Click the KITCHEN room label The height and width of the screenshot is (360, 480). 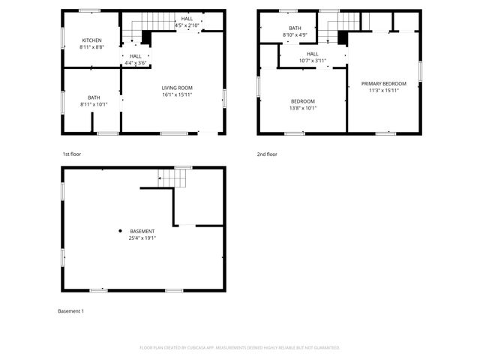click(x=92, y=40)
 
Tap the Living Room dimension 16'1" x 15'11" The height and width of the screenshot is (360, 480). click(x=177, y=95)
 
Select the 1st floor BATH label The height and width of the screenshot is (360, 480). click(x=94, y=97)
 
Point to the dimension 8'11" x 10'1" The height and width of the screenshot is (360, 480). click(x=94, y=104)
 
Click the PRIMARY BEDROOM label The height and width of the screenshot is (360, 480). click(x=383, y=83)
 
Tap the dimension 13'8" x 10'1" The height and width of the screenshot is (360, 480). click(x=303, y=108)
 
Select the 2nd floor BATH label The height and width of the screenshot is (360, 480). click(x=295, y=28)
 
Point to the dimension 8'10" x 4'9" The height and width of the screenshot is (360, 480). click(x=295, y=34)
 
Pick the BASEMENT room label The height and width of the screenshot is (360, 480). click(x=142, y=231)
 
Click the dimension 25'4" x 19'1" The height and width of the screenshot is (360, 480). click(x=142, y=238)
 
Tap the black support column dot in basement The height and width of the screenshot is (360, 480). click(x=119, y=230)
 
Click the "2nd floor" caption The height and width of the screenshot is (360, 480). click(x=267, y=154)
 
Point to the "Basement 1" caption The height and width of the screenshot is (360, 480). click(x=71, y=310)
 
